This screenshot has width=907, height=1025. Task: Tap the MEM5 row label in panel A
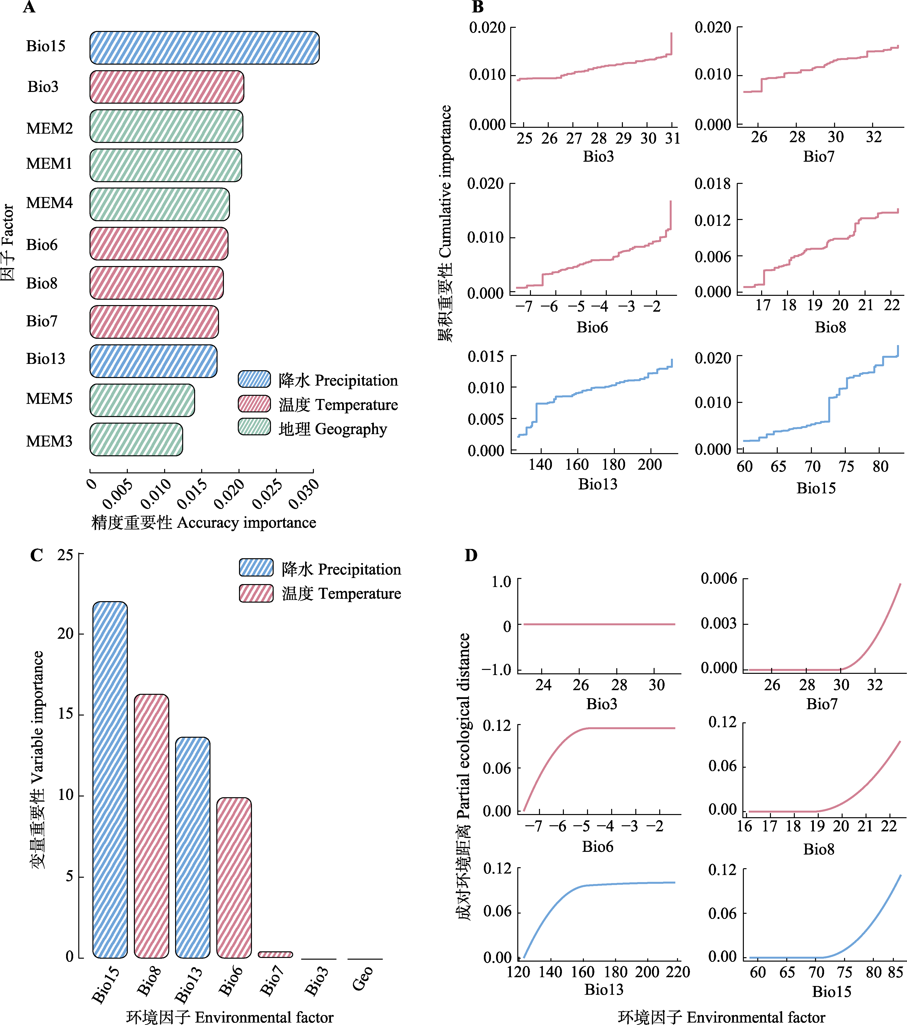point(49,399)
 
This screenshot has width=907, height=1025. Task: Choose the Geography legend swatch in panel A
point(254,427)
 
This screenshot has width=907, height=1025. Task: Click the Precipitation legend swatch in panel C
point(256,568)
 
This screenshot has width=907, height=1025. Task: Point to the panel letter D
point(471,555)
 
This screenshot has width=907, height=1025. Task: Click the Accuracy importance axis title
point(204,523)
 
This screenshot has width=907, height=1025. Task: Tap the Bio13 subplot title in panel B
point(598,484)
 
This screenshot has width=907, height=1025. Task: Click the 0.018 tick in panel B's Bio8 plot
point(712,184)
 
